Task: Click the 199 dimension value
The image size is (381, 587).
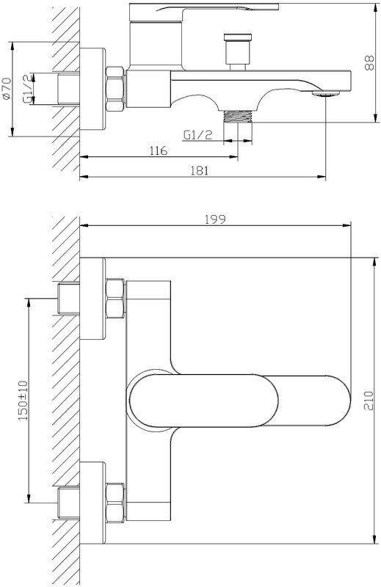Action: point(214,219)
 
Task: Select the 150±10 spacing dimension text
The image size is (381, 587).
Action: point(22,400)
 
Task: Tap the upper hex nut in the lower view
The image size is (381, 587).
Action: point(116,297)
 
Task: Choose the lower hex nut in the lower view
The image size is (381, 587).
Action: point(116,500)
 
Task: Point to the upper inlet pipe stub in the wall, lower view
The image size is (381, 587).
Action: point(68,297)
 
